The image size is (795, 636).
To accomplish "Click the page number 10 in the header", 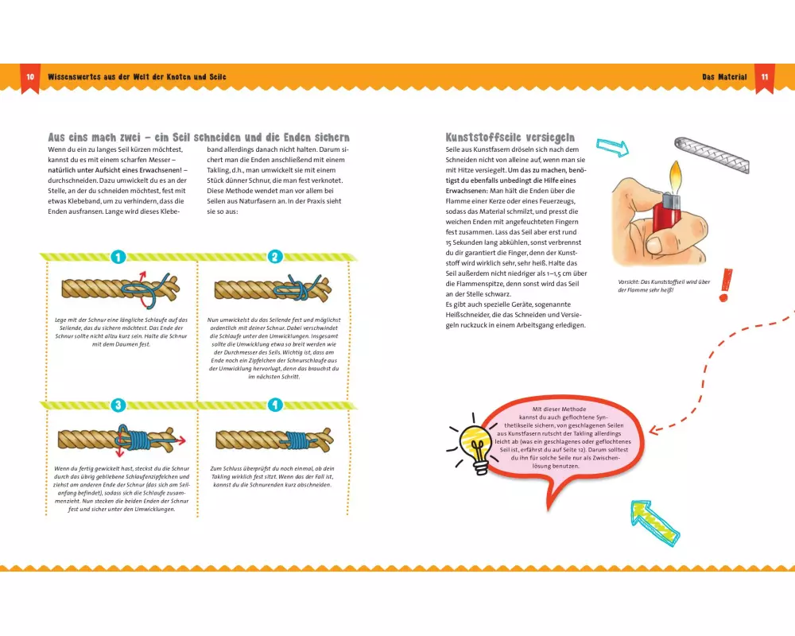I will (x=30, y=77).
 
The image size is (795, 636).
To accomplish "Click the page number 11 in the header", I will (x=764, y=77).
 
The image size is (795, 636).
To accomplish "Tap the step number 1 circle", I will (x=118, y=257).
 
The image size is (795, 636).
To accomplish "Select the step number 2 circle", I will (x=275, y=257).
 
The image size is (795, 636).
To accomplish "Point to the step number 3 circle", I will (x=118, y=405).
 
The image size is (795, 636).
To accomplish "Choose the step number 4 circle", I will (x=275, y=405).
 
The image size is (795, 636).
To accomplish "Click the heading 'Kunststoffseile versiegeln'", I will (x=510, y=138).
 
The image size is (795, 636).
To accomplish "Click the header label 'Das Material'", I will (x=724, y=77).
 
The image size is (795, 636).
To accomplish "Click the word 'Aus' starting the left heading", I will (x=56, y=138).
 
